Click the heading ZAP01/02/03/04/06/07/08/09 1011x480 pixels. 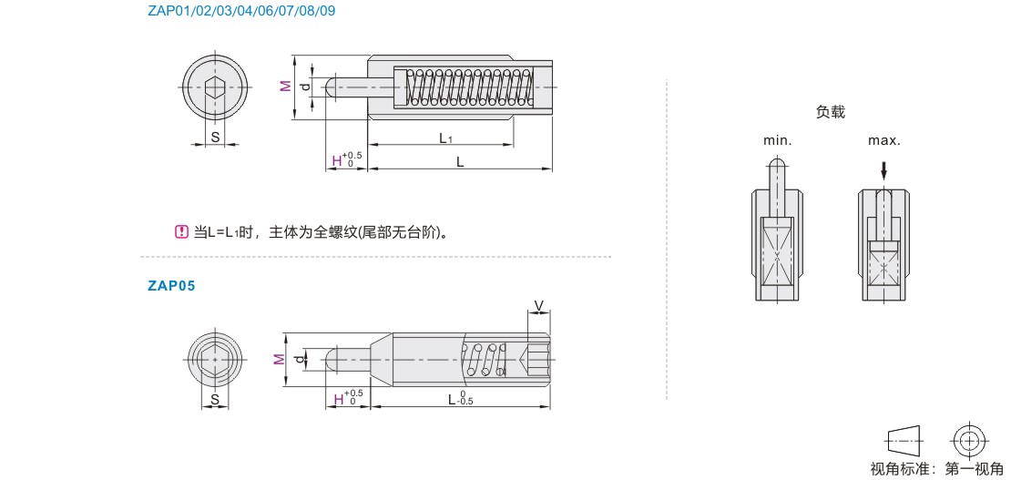(x=241, y=11)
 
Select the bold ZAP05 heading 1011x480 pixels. (x=171, y=286)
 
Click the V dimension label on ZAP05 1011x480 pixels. (x=539, y=304)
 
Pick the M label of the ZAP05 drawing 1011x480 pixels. (x=278, y=360)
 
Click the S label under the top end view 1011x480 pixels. (x=215, y=137)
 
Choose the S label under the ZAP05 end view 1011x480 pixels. (x=215, y=400)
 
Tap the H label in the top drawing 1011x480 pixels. (x=336, y=160)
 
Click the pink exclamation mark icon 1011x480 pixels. (x=181, y=231)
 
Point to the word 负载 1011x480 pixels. (x=830, y=112)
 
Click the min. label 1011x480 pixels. (x=777, y=140)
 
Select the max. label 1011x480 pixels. (x=884, y=140)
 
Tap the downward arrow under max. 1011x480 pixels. (x=884, y=171)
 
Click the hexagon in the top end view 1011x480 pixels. (x=215, y=87)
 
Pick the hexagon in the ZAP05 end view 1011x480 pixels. (x=215, y=360)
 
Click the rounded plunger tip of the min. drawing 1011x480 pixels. (x=777, y=165)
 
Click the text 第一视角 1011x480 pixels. (x=975, y=469)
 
